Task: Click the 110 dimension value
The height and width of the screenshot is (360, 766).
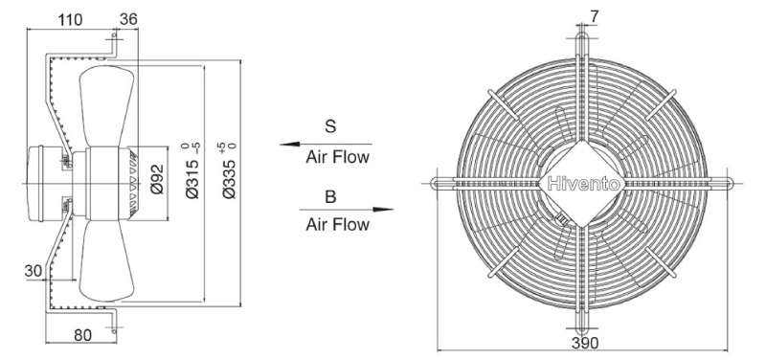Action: point(70,19)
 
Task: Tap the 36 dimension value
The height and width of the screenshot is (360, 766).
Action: point(128,19)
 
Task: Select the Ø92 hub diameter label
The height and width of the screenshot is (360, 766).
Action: point(157,179)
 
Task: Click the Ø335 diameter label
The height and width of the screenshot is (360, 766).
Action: point(230,171)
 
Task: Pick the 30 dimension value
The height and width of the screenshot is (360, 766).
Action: point(34,271)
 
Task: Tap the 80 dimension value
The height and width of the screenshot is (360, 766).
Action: point(82,335)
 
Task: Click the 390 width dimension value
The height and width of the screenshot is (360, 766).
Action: point(585,344)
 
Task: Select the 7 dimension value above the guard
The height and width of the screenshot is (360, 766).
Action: point(594,16)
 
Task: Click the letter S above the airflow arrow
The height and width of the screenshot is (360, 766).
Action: point(330,126)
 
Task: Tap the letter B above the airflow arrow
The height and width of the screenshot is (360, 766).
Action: point(330,197)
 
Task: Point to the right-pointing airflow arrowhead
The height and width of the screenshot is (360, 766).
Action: point(384,210)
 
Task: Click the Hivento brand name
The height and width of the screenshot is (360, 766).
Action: point(583,184)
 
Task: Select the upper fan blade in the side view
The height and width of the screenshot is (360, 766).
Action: point(106,105)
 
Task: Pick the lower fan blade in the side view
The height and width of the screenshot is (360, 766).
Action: point(106,260)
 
